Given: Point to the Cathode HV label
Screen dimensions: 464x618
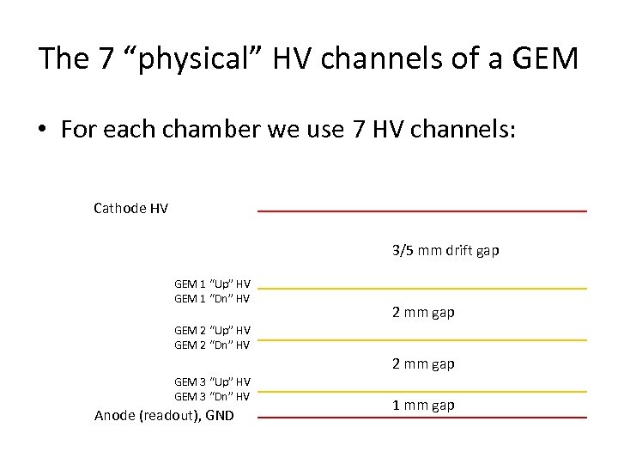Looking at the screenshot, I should (x=130, y=207).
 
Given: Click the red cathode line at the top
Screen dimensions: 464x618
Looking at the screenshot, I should (x=422, y=211).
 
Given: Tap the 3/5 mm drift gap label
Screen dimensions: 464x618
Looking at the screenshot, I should (x=445, y=251).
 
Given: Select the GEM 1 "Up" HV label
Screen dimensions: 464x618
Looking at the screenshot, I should (x=212, y=284).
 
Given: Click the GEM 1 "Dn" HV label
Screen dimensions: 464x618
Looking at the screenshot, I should (x=212, y=298).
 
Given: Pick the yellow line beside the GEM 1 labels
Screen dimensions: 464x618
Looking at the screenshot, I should (x=422, y=288).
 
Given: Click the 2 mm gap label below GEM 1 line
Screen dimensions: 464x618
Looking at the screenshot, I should (x=423, y=313).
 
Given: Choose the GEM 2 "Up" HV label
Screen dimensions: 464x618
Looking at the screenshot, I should (x=212, y=330).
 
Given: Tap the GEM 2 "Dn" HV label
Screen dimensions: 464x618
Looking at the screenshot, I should (x=212, y=345).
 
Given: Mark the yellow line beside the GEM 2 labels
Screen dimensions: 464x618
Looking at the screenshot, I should (x=422, y=339).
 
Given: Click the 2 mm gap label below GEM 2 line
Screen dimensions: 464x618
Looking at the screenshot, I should (x=423, y=363).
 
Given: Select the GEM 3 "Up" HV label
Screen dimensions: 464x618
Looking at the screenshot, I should (x=212, y=382).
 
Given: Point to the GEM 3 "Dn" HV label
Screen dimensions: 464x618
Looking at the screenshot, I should (x=212, y=396).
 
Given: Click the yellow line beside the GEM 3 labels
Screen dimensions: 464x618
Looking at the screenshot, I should (x=422, y=391).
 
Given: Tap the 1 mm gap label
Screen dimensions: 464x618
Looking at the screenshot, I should (x=423, y=405).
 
